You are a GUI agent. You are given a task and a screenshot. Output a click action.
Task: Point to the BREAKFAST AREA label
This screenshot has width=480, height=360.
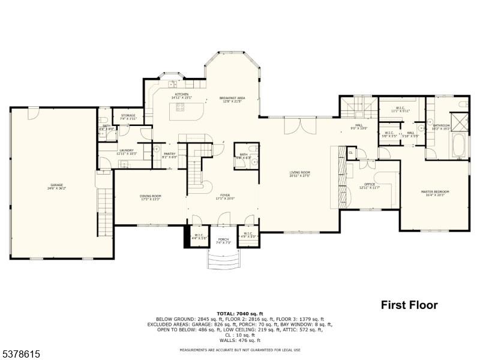232,99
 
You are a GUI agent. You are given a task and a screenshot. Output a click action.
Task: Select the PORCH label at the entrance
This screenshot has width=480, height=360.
224,240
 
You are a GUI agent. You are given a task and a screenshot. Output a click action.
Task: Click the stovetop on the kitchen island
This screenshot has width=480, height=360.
178,107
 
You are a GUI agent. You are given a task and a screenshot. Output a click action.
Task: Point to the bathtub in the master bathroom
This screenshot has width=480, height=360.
459,145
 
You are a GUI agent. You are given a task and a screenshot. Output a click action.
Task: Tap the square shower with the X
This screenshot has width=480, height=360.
461,122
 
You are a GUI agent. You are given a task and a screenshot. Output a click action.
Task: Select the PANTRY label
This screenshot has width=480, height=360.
169,154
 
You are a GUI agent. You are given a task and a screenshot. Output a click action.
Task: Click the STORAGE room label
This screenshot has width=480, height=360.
128,116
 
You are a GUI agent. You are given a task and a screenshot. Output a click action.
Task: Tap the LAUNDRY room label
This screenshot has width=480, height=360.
126,151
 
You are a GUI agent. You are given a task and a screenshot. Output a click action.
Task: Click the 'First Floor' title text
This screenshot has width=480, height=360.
409,305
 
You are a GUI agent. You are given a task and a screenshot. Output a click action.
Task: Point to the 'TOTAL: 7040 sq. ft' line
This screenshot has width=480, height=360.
239,314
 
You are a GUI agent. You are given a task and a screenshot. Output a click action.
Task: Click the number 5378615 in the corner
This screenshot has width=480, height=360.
21,354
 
